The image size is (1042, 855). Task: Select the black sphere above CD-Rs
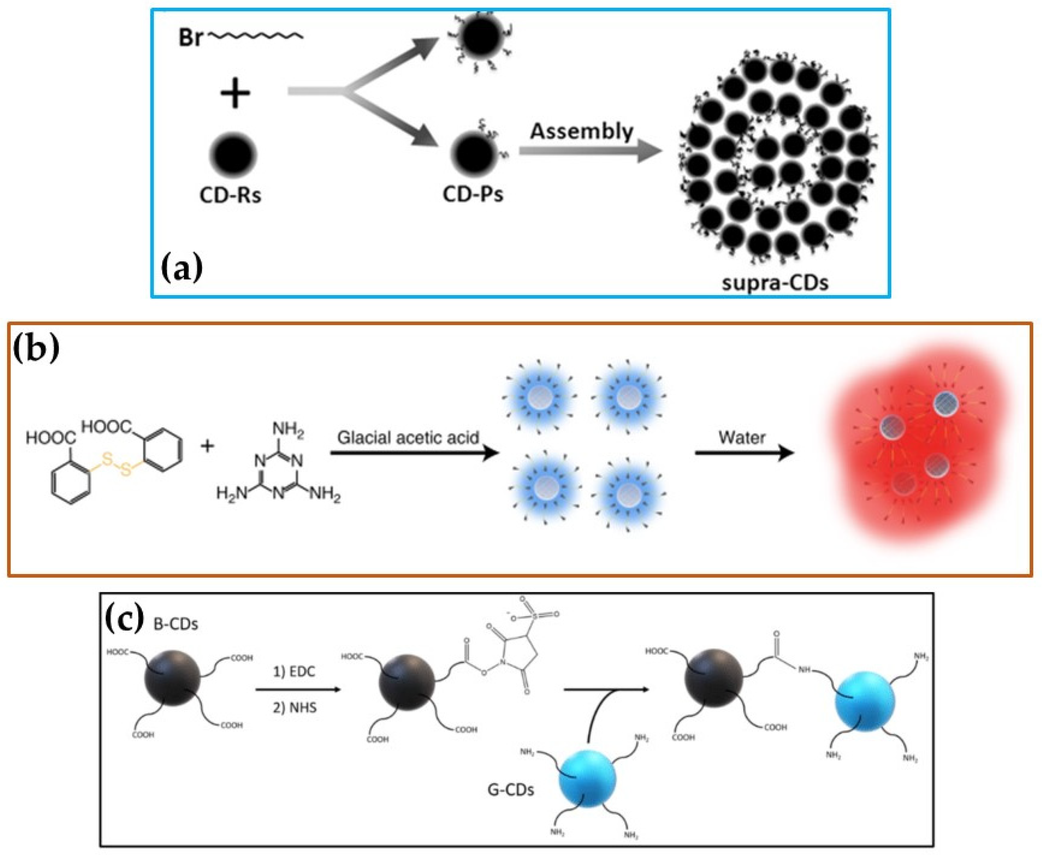coord(233,153)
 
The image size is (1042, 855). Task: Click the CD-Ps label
coord(473,194)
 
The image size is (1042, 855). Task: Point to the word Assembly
coord(581,132)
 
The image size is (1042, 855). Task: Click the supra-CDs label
coord(775,283)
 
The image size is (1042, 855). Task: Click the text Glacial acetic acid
coord(408,437)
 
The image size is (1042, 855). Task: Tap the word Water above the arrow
coord(742,437)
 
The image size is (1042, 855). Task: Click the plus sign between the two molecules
coord(207,446)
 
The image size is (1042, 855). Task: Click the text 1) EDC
coord(294,672)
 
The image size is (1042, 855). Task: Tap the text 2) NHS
coord(294,708)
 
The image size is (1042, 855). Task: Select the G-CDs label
coord(510,790)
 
